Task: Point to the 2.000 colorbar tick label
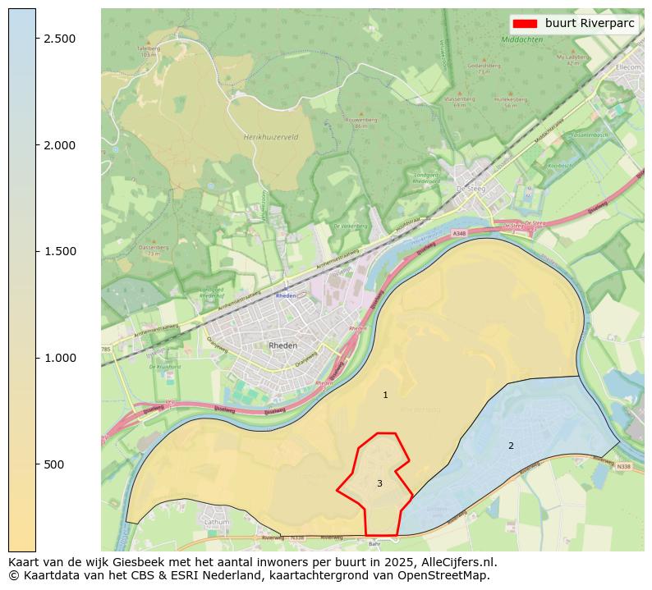59,145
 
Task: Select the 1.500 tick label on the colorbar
59,251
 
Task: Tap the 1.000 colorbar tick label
59,358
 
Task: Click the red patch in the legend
526,24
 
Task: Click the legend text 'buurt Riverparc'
590,24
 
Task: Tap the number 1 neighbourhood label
385,396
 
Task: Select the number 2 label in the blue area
511,446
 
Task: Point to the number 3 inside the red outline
379,483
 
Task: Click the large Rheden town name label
283,345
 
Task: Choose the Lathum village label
217,521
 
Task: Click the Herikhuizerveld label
271,137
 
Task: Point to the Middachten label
522,39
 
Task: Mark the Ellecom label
627,67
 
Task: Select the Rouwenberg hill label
360,120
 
